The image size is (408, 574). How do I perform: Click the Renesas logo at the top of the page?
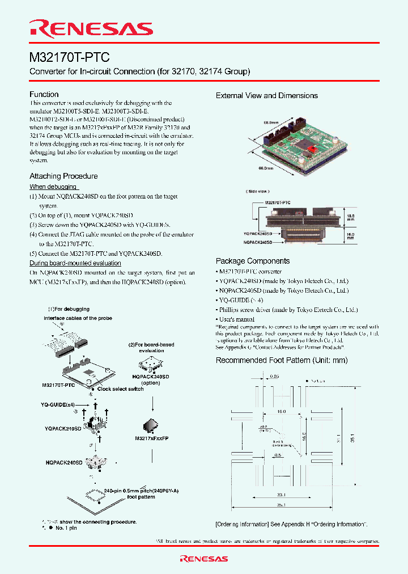click(x=91, y=29)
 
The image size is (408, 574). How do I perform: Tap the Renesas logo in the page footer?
click(x=203, y=559)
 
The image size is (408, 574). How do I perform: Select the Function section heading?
click(x=44, y=94)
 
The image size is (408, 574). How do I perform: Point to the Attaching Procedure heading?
click(x=63, y=176)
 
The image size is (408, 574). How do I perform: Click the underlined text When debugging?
click(x=53, y=187)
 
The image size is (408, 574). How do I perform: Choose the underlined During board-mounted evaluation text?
click(x=75, y=263)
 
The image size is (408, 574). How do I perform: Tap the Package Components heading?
click(x=253, y=261)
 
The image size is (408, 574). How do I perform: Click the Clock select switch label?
click(x=120, y=389)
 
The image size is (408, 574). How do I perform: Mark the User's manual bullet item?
click(x=236, y=319)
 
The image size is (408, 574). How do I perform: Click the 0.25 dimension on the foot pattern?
click(x=274, y=375)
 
